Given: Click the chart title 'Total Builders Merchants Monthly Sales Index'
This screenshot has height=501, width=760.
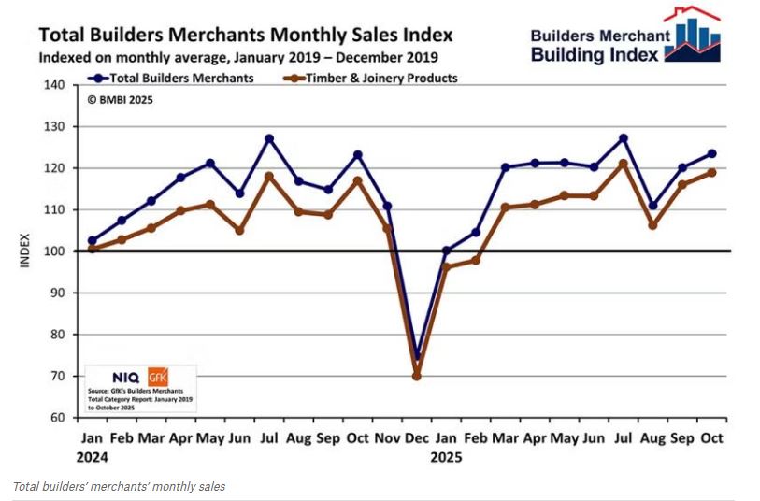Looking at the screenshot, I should [245, 35].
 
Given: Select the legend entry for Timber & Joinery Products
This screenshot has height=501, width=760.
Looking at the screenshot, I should [370, 78].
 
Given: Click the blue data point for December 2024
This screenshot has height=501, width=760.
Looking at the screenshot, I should [416, 357].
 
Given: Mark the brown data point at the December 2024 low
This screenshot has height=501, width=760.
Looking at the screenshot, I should [416, 376].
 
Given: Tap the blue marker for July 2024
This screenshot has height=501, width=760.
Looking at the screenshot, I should [269, 138].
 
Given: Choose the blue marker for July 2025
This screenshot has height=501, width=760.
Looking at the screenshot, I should [624, 138].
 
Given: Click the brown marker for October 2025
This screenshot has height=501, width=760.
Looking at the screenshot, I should [711, 172].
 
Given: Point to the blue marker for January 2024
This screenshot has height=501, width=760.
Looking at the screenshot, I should [92, 240].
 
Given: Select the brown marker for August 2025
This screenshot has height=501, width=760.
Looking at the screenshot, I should [652, 225].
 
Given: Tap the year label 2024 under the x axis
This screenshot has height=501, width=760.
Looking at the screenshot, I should [92, 458].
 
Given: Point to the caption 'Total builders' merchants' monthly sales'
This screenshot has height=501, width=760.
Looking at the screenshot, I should [119, 486].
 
